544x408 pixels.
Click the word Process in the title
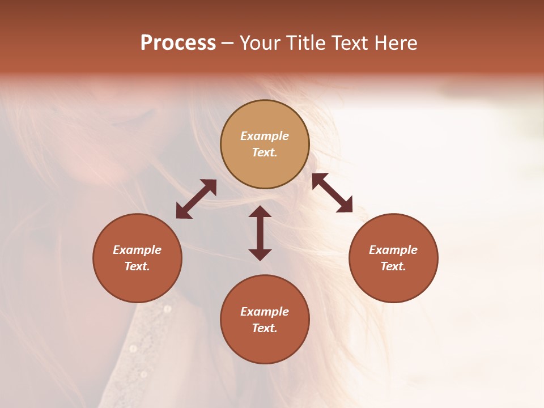(x=178, y=43)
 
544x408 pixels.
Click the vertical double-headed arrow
(x=260, y=233)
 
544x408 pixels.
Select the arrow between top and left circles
(x=196, y=199)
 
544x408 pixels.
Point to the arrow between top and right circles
(x=332, y=193)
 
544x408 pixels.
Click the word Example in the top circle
(x=265, y=136)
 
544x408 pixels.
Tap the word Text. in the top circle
(x=265, y=152)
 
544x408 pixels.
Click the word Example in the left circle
(x=137, y=250)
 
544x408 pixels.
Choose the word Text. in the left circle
(x=137, y=266)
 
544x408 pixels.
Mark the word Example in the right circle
(x=393, y=250)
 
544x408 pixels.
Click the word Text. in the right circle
(x=393, y=266)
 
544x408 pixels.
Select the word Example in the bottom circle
(x=265, y=312)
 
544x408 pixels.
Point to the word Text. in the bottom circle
(x=265, y=328)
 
